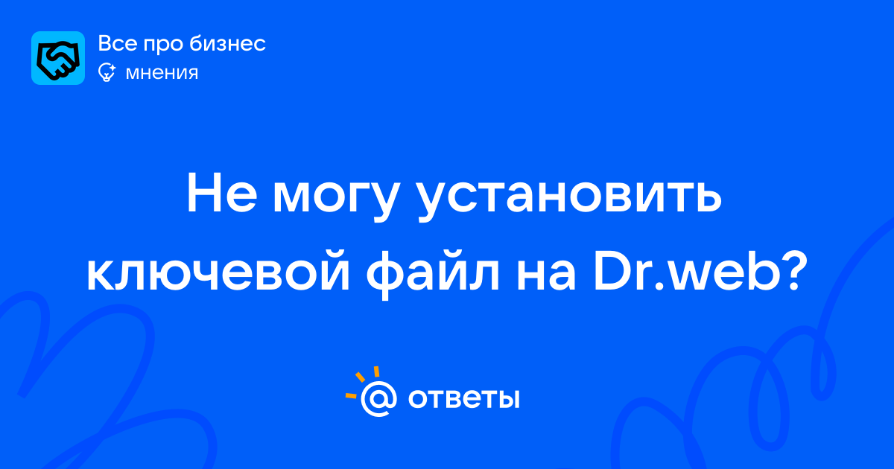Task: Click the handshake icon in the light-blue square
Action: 58,59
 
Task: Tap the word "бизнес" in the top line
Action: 227,43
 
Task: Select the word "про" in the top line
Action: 163,45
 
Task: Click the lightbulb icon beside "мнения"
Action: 107,72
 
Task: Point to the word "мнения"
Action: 162,73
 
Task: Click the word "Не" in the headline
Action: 221,193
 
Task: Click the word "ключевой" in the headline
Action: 218,270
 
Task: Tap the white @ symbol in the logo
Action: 378,398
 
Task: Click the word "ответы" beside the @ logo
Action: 463,399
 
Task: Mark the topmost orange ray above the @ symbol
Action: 376,371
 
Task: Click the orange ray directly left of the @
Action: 351,395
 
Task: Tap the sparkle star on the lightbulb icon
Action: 112,68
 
